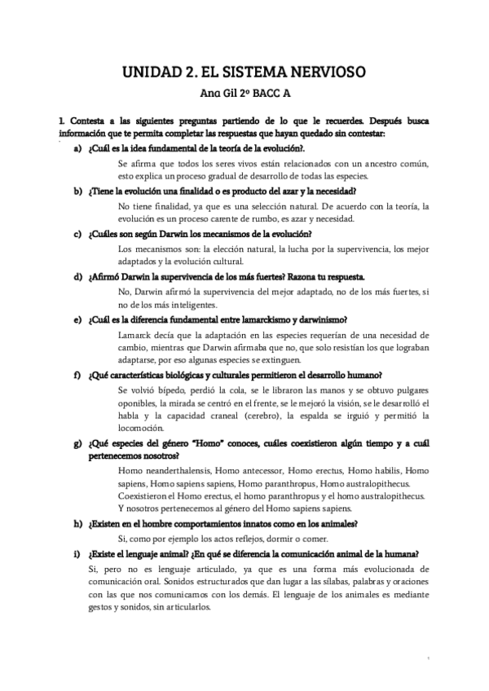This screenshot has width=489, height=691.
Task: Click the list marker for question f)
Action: (77, 375)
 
